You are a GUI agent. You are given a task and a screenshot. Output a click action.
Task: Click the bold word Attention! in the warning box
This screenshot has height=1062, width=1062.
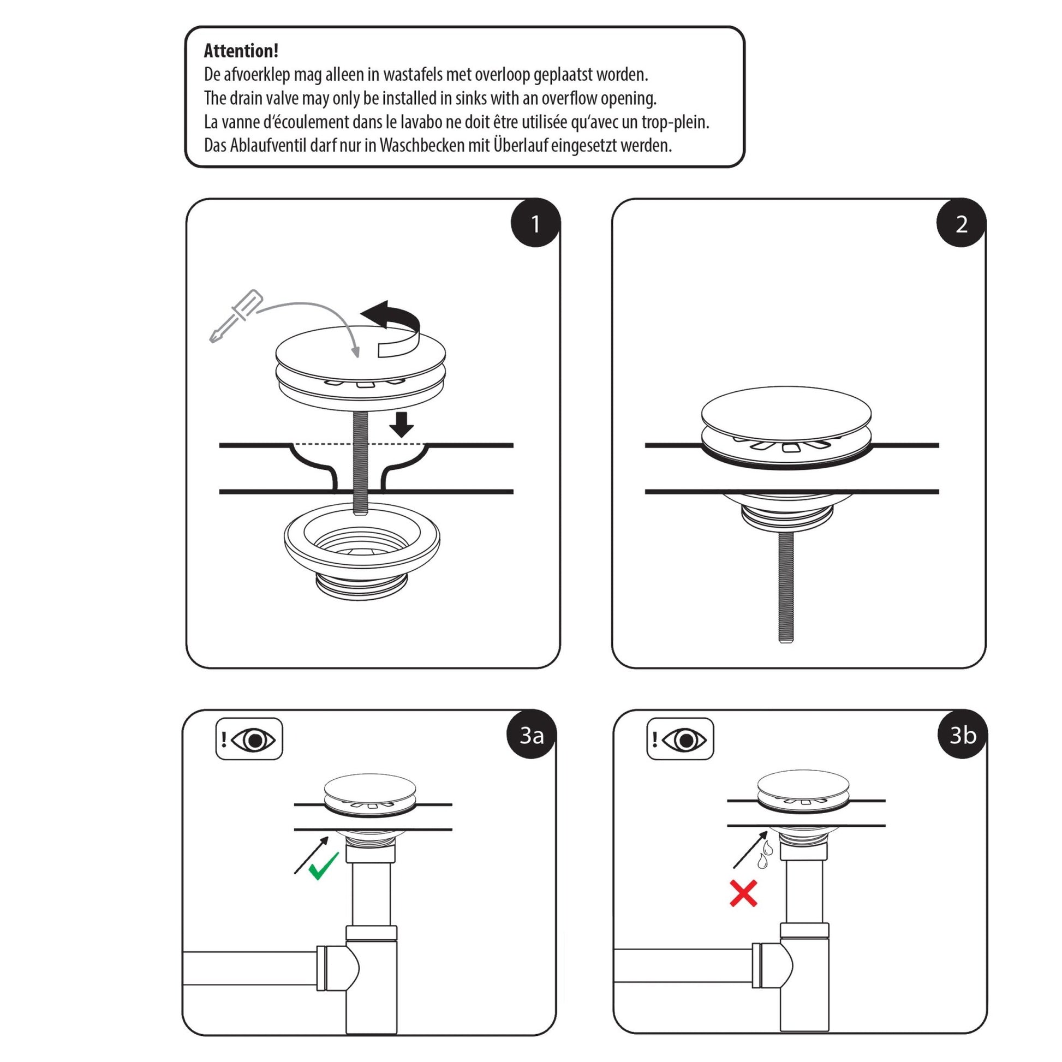point(241,51)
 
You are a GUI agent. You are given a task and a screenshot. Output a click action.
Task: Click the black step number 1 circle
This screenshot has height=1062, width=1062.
point(535,224)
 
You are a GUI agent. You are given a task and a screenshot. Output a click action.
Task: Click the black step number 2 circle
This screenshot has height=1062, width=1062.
point(961,224)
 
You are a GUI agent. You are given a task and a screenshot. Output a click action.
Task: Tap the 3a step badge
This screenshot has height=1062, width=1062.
point(531,735)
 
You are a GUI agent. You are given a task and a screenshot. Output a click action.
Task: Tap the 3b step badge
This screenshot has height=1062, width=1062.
point(963,735)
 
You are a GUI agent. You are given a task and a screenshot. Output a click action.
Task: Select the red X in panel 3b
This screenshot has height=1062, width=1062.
point(743,893)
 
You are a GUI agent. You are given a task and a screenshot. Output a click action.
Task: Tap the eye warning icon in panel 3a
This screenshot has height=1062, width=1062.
point(249,739)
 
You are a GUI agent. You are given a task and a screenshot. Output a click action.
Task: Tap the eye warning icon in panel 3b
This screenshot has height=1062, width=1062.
point(680,739)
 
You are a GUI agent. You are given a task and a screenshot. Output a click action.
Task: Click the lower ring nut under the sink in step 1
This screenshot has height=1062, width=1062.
point(361,550)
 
